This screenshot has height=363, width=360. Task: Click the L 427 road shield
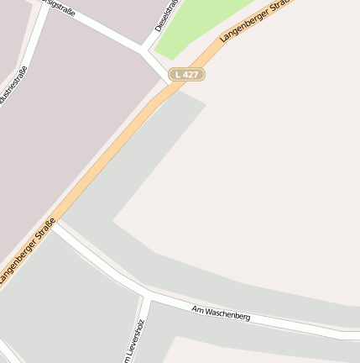coord(186,75)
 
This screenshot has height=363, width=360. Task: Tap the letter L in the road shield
coord(177,75)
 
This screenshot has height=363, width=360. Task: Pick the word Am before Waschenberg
coord(198,309)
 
